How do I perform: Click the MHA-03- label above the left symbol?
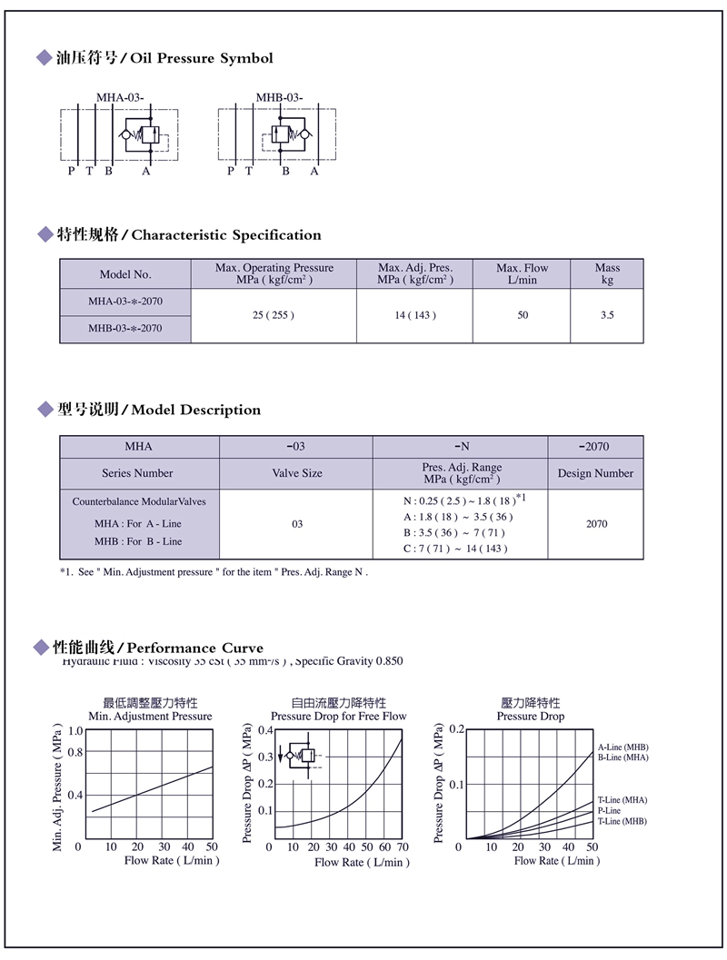point(120,97)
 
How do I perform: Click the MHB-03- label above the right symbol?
point(279,97)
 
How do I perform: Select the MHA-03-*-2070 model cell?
point(125,302)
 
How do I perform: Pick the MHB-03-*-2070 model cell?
point(125,329)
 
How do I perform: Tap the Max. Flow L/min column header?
point(523,273)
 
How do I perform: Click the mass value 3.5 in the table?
point(607,315)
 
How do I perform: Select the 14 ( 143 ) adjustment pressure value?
point(414,315)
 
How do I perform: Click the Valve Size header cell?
point(297,473)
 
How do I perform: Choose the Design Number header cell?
point(595,473)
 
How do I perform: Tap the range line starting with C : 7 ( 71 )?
point(455,548)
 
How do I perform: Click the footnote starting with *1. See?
point(214,572)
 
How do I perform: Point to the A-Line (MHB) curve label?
point(622,747)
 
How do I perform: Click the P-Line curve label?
point(609,810)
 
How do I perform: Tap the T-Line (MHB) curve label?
point(622,821)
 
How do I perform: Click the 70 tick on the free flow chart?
point(403,847)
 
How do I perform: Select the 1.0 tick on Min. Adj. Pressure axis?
point(75,731)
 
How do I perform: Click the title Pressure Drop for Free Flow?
point(338,717)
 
